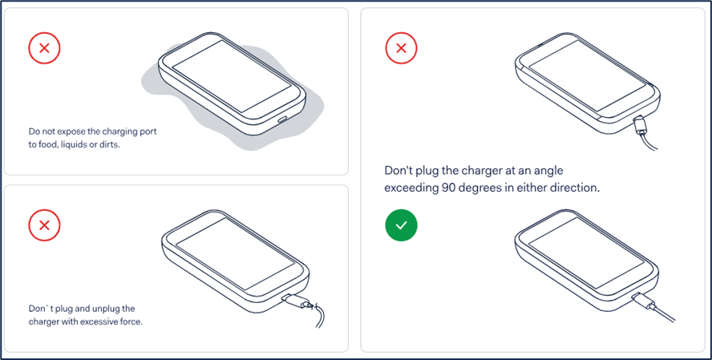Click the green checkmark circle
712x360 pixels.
(x=401, y=225)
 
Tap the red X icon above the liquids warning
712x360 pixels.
(x=45, y=47)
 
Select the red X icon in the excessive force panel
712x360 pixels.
(x=45, y=225)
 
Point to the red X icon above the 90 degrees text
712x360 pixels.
(x=401, y=47)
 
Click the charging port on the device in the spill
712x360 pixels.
(x=282, y=119)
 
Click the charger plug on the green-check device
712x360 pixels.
(x=644, y=301)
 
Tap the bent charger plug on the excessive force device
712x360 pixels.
(x=298, y=302)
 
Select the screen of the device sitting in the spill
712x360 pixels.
(x=232, y=76)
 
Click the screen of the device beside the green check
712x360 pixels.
(x=587, y=255)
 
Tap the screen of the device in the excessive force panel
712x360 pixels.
(x=235, y=254)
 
